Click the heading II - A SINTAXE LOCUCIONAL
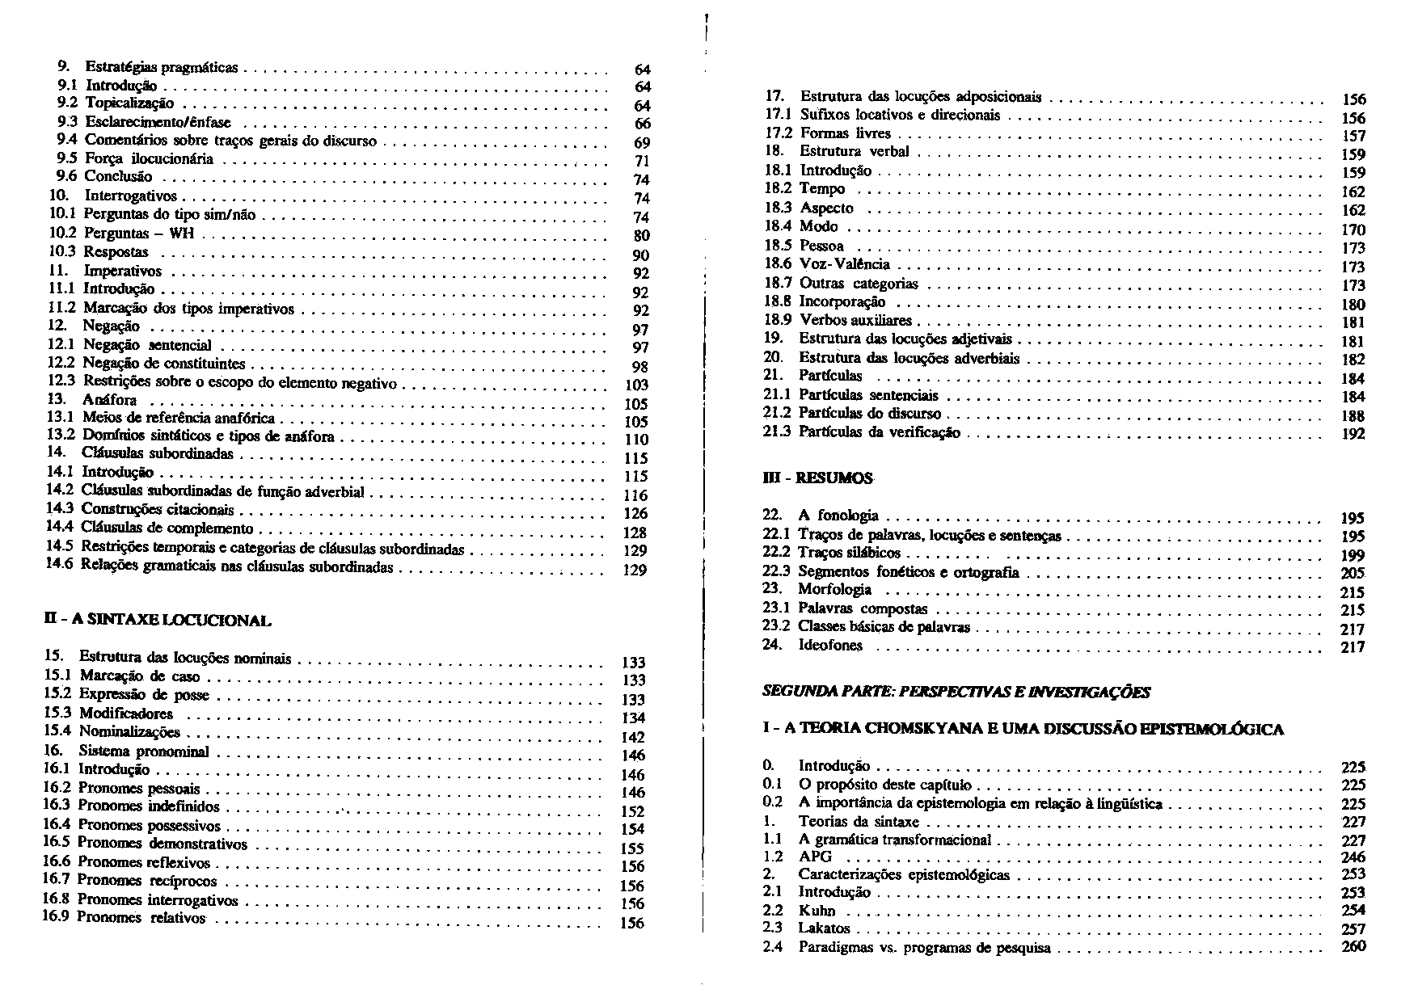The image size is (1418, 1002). tap(158, 621)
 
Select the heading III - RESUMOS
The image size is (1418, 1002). tap(817, 478)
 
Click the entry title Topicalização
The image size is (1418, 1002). tap(129, 103)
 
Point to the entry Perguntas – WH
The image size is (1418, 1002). tap(141, 234)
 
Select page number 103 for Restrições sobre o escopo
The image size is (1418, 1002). tap(637, 385)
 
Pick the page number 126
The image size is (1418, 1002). tap(635, 514)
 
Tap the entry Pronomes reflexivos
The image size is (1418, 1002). tap(144, 862)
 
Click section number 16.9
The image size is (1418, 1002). tap(57, 917)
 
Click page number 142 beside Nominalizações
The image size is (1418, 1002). tap(635, 737)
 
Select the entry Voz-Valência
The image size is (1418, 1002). tap(844, 264)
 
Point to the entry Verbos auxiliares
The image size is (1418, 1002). tap(855, 320)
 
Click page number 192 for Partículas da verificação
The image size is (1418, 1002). tap(1353, 434)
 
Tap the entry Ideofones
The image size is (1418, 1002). tap(830, 645)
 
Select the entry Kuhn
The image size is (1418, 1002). tap(817, 910)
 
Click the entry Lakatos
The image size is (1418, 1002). tap(824, 928)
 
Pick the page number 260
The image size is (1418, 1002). tap(1353, 947)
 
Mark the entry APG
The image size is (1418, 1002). tap(815, 857)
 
